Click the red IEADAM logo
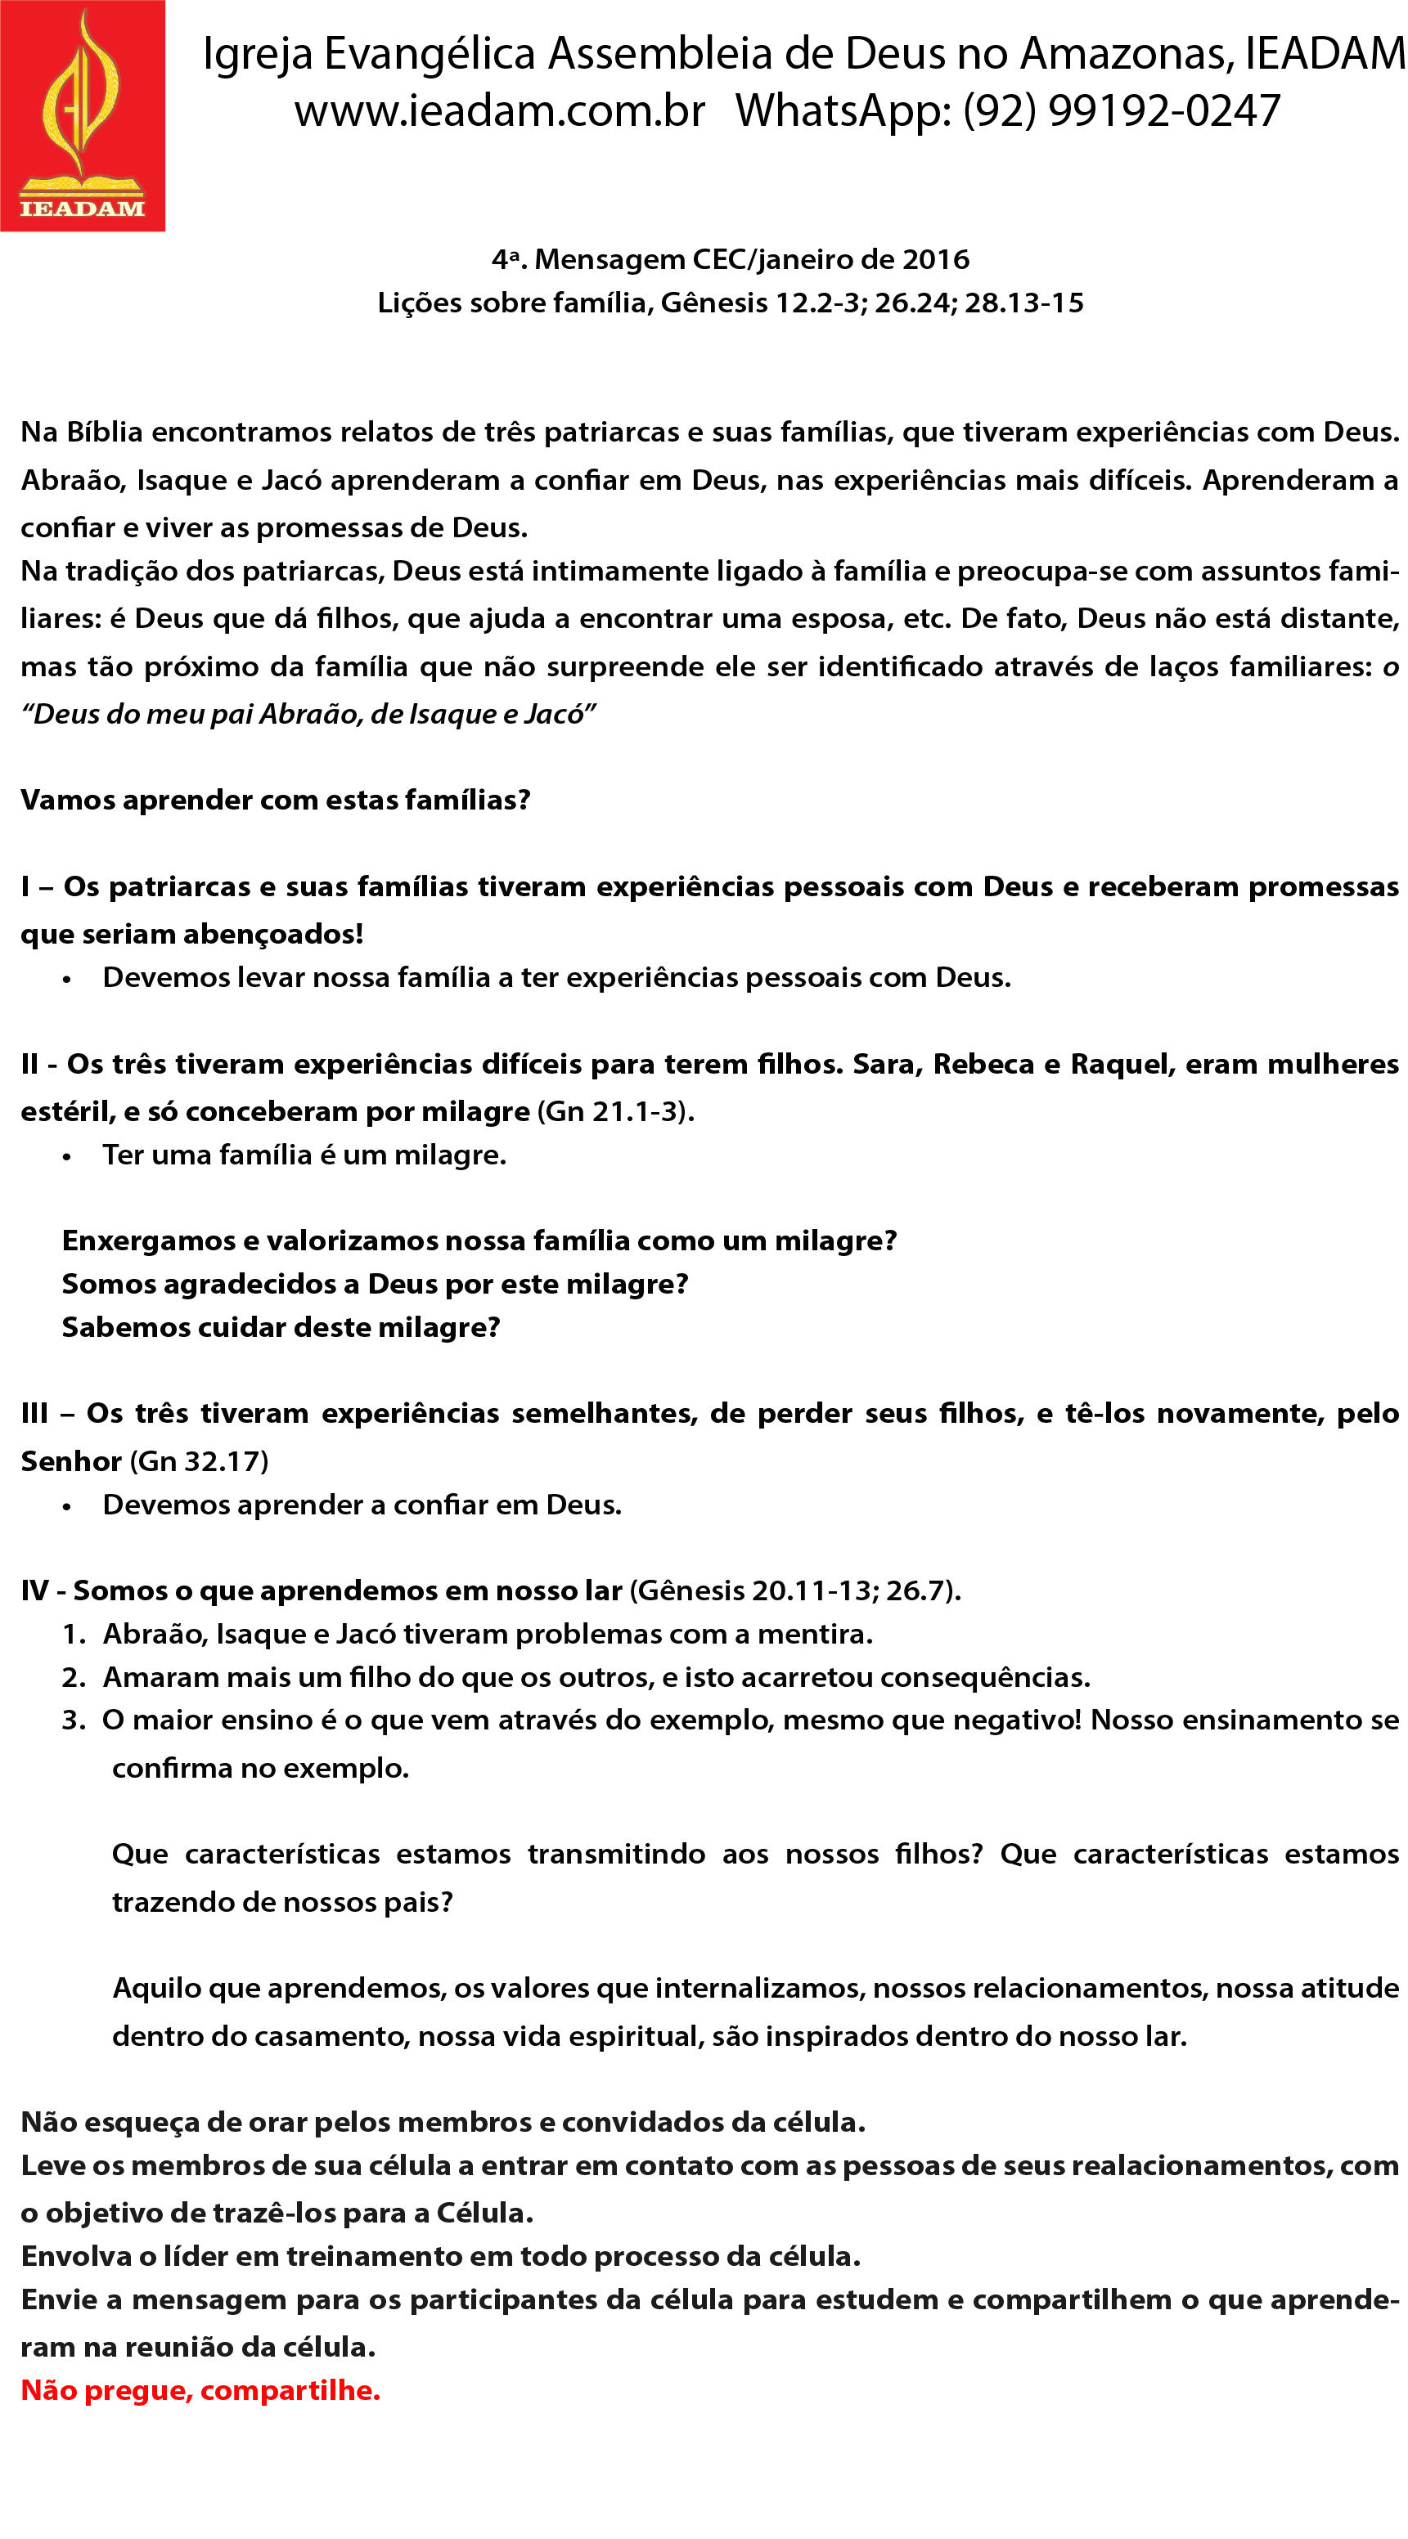(83, 115)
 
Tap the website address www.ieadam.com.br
(499, 110)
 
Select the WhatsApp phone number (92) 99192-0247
(1121, 110)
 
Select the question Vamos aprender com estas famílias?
(275, 800)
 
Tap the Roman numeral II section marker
(30, 1064)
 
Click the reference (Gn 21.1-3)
(615, 1110)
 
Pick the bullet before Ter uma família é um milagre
(67, 1157)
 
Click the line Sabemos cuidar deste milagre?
(281, 1326)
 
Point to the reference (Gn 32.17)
(199, 1460)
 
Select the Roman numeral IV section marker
(34, 1590)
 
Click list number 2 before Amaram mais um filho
(73, 1676)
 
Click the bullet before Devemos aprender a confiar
(67, 1507)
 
